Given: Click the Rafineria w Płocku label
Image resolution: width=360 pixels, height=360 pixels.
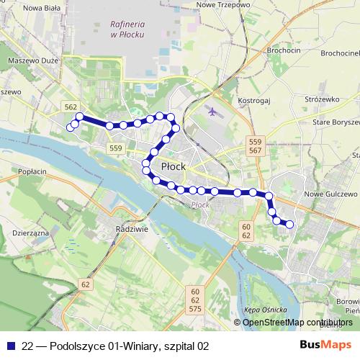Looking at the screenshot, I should (x=129, y=29).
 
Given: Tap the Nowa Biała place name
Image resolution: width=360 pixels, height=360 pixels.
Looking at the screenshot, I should (x=24, y=9).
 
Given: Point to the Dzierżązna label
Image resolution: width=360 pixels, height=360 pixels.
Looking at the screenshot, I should (x=30, y=234).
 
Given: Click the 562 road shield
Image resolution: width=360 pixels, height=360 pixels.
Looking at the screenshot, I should (x=71, y=107).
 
